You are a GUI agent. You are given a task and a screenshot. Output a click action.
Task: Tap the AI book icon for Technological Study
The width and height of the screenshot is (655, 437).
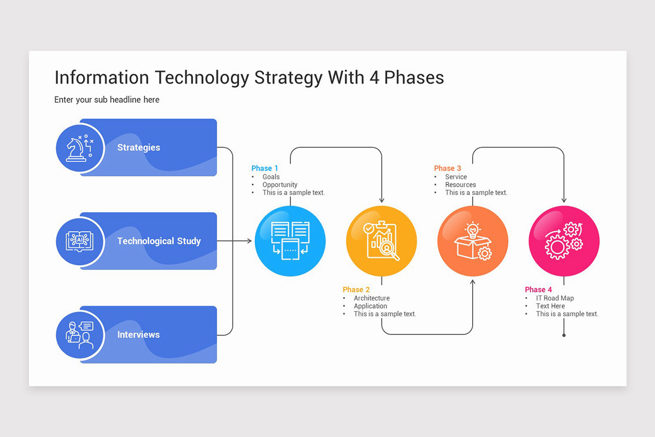(80, 241)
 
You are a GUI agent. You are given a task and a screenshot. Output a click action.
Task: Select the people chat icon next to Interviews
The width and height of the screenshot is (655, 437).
(80, 334)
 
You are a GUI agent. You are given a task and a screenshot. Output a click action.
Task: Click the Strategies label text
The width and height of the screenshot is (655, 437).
(139, 147)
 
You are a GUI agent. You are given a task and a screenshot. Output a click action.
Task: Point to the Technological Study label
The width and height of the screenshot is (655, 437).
(159, 241)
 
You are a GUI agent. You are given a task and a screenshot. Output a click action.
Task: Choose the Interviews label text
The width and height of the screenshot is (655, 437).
(139, 334)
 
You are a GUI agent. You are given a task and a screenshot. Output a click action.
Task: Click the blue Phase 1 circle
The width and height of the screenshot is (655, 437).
(290, 241)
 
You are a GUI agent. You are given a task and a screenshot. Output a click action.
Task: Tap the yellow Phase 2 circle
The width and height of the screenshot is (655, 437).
(382, 241)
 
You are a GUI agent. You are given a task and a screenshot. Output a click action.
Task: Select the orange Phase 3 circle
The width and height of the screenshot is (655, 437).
(473, 241)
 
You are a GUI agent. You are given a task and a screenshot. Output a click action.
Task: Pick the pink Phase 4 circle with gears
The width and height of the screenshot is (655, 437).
(564, 241)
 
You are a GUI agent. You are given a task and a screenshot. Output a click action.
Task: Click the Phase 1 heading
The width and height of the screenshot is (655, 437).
(265, 168)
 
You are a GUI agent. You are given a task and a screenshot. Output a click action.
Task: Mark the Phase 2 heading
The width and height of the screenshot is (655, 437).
(356, 290)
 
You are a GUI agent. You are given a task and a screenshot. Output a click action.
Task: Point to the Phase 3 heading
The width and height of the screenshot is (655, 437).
(448, 168)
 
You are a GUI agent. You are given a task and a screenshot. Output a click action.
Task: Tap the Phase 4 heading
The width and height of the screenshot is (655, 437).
(538, 290)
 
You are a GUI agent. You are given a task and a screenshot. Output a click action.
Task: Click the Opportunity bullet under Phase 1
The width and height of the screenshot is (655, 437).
(279, 185)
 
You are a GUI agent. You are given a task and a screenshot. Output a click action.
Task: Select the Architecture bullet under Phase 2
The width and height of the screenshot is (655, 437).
(371, 298)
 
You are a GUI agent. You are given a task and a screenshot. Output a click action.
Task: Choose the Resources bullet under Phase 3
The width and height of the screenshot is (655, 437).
(460, 185)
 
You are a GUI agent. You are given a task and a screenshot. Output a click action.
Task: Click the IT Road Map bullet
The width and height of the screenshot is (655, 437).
(555, 298)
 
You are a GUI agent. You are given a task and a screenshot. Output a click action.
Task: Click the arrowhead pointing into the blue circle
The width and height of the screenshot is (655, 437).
(249, 241)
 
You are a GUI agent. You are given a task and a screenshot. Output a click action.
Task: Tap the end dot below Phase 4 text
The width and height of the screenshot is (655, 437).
(564, 335)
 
